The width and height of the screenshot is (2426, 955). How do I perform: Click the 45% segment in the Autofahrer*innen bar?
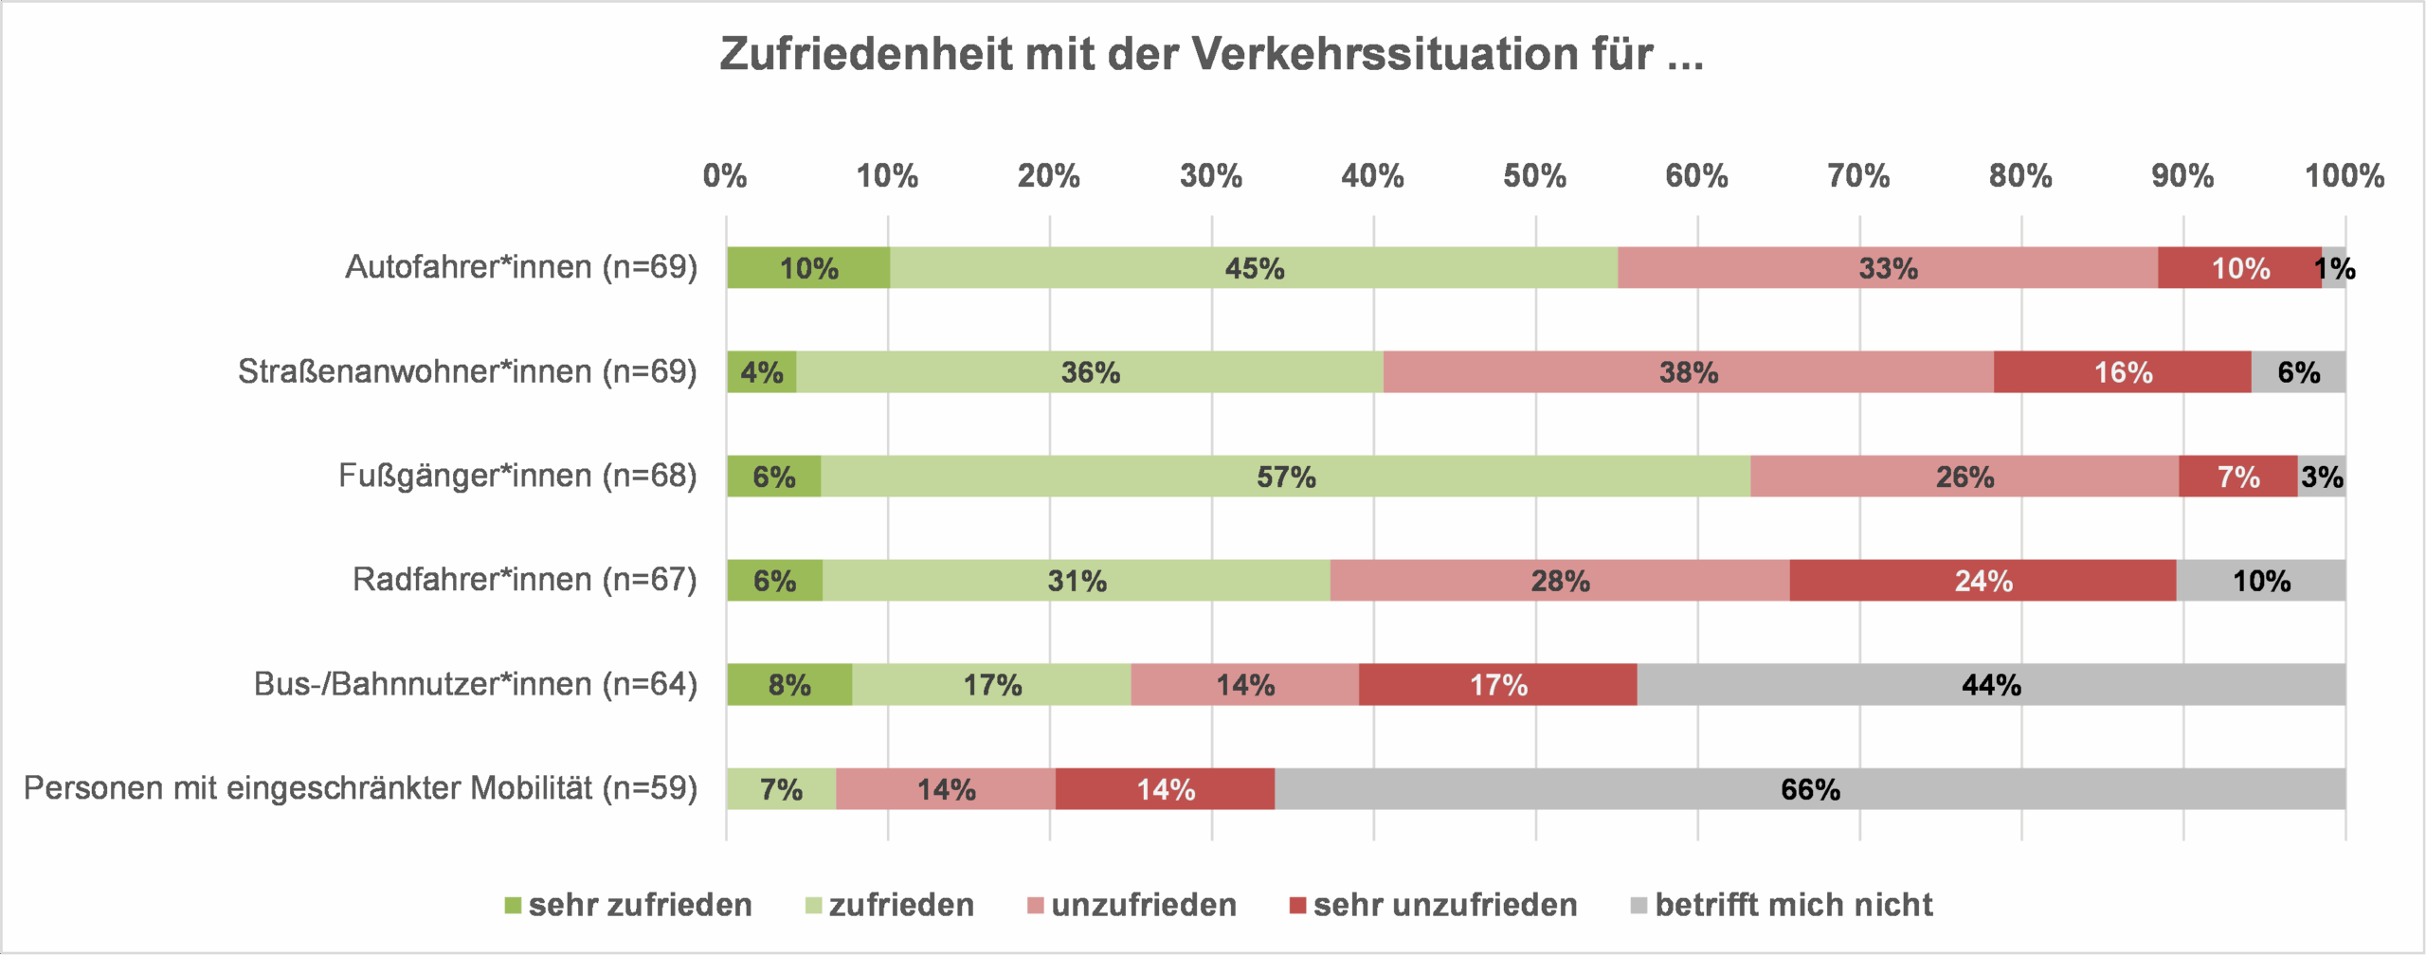[1253, 268]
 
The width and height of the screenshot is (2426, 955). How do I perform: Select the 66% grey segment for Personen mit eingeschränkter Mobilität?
[1809, 789]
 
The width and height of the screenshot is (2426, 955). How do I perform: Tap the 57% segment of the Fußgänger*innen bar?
[1285, 477]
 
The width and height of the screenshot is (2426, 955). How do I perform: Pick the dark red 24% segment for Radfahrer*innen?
[1982, 581]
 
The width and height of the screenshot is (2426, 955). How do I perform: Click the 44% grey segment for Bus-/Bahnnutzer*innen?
[1990, 685]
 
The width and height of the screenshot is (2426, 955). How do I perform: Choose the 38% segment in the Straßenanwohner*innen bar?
[1688, 372]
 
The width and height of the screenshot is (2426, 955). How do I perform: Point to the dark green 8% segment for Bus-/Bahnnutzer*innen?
[788, 685]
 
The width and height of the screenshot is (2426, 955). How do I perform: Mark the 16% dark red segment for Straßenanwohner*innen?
[2122, 372]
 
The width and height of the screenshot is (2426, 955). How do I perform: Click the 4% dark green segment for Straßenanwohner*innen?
[761, 372]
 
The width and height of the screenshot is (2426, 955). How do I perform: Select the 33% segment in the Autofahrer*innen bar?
[1887, 268]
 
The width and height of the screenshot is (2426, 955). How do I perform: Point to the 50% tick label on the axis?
[1534, 176]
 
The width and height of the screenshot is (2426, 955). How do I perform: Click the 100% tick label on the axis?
[2344, 176]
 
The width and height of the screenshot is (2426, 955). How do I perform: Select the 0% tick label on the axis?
[725, 176]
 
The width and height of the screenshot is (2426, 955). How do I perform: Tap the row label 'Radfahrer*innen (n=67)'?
[524, 580]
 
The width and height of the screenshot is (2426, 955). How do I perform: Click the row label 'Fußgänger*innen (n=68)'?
[517, 476]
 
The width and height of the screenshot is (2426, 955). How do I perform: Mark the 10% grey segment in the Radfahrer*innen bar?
[2260, 581]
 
